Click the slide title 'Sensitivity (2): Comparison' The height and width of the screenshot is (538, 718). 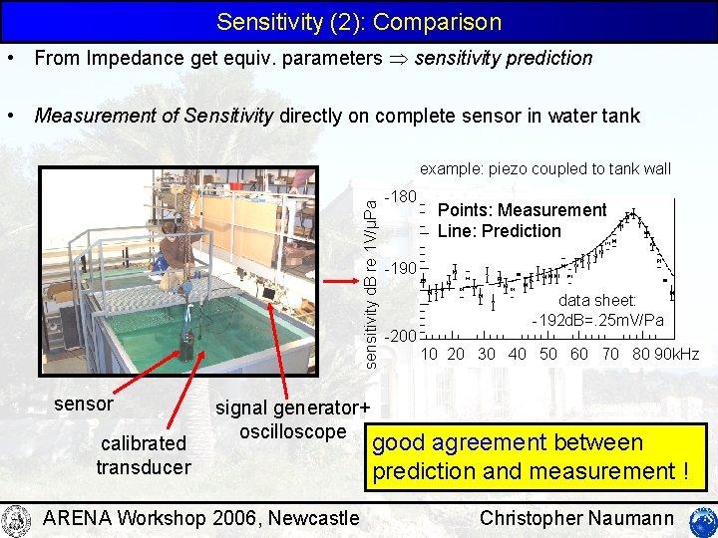359,21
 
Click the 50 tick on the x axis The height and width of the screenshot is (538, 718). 548,354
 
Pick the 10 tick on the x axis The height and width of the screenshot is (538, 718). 429,354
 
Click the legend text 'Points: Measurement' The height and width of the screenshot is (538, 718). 522,210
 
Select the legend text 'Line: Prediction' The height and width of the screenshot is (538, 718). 500,231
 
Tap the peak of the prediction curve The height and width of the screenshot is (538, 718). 631,212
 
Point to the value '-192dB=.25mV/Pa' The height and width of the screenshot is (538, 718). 598,320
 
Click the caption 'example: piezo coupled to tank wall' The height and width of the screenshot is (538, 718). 545,169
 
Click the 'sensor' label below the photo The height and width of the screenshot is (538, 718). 84,405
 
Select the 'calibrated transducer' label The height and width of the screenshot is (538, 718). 143,454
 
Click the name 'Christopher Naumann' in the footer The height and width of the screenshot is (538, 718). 577,517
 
